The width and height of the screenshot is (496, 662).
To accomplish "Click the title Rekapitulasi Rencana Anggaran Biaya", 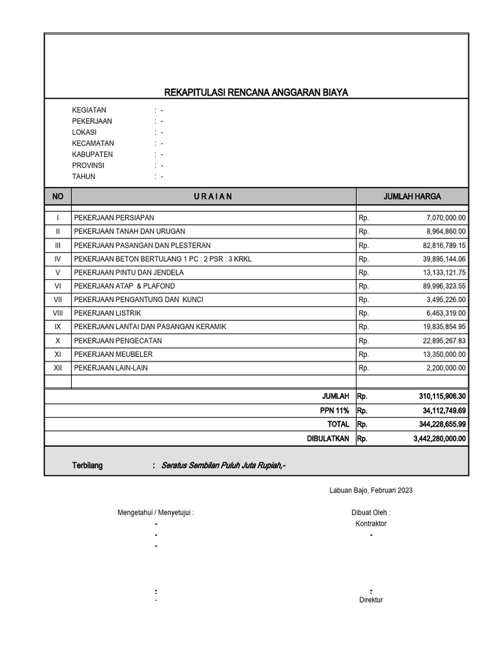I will pyautogui.click(x=256, y=93).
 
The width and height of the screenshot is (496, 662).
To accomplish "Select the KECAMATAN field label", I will pyautogui.click(x=93, y=144).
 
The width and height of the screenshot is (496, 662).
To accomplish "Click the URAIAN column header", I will pyautogui.click(x=213, y=197).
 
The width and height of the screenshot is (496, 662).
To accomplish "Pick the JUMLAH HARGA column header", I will pyautogui.click(x=412, y=197).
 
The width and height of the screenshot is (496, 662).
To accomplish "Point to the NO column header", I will pyautogui.click(x=57, y=197).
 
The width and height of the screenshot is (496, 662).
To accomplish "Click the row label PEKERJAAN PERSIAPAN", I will pyautogui.click(x=114, y=218).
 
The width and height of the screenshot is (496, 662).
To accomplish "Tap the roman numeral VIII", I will pyautogui.click(x=57, y=314).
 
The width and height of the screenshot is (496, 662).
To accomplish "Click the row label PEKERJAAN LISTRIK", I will pyautogui.click(x=108, y=314).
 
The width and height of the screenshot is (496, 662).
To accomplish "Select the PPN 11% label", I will pyautogui.click(x=334, y=411).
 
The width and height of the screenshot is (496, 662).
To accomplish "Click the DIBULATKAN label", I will pyautogui.click(x=327, y=438).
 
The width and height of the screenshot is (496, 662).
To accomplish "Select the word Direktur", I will pyautogui.click(x=371, y=600).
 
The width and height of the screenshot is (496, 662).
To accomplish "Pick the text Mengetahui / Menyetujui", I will pyautogui.click(x=156, y=513).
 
